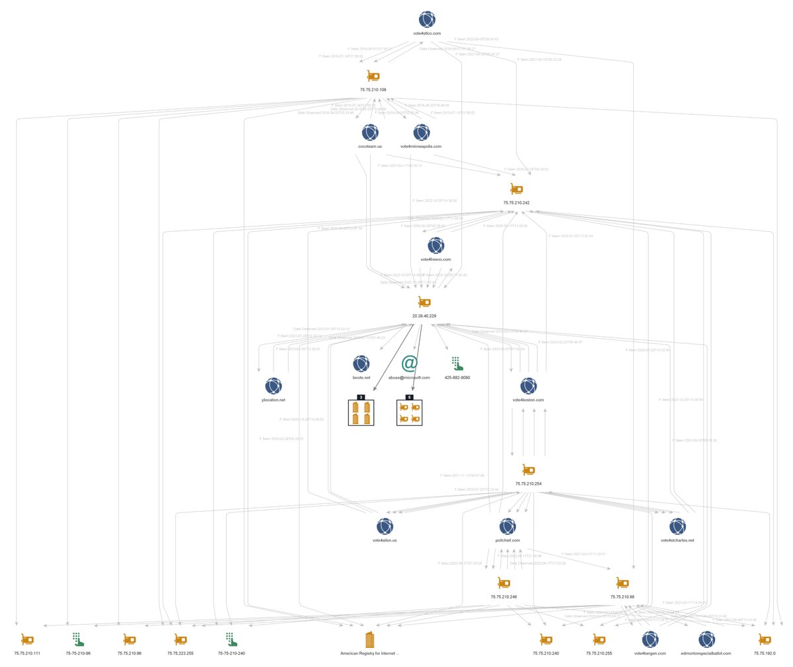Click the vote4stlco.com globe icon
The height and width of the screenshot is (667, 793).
pyautogui.click(x=427, y=19)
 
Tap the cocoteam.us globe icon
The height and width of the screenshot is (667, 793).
pyautogui.click(x=370, y=132)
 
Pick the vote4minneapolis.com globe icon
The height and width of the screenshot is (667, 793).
pyautogui.click(x=421, y=132)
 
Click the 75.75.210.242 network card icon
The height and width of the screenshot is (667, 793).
pyautogui.click(x=516, y=190)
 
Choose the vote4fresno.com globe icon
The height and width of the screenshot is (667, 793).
pyautogui.click(x=435, y=246)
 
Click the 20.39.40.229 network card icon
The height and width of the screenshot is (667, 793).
pyautogui.click(x=424, y=302)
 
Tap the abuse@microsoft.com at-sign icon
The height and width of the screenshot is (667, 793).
pyautogui.click(x=410, y=363)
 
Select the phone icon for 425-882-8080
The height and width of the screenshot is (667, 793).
pyautogui.click(x=457, y=363)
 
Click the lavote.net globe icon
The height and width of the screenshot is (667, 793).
pyautogui.click(x=361, y=363)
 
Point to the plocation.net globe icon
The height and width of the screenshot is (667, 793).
pyautogui.click(x=273, y=386)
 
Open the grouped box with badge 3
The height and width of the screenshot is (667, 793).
pyautogui.click(x=361, y=413)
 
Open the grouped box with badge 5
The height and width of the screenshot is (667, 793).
pyautogui.click(x=409, y=413)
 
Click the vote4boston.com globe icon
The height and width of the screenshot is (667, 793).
pyautogui.click(x=528, y=386)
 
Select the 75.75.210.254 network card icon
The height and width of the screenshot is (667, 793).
pyautogui.click(x=529, y=470)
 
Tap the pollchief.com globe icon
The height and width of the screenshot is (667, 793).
pyautogui.click(x=508, y=526)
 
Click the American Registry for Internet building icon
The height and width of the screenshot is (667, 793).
pyautogui.click(x=369, y=639)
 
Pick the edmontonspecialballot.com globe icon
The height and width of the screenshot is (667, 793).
pyautogui.click(x=706, y=639)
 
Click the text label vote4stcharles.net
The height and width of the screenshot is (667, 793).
pyautogui.click(x=677, y=540)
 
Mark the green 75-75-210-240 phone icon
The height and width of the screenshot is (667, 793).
pyautogui.click(x=231, y=639)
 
